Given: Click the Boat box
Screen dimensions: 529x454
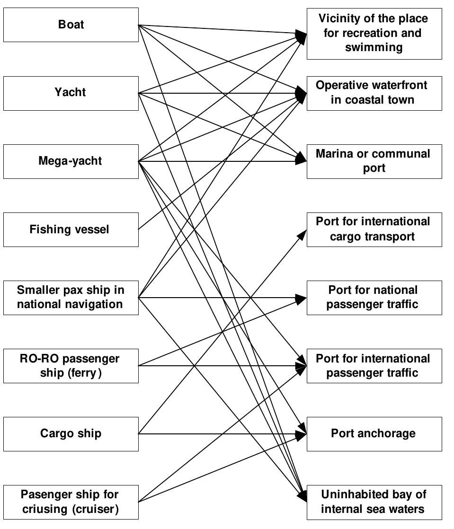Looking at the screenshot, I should click(x=71, y=25).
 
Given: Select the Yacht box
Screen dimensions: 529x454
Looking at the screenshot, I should click(x=71, y=93).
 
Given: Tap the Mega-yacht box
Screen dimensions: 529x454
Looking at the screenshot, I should click(x=71, y=161).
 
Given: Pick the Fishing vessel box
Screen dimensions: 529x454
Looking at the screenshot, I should click(x=71, y=229).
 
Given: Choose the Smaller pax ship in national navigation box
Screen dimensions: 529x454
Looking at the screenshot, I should click(x=71, y=297).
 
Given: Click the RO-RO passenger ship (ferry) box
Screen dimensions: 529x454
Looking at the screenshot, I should click(x=71, y=366).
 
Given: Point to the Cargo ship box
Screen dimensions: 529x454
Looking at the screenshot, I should click(x=71, y=434).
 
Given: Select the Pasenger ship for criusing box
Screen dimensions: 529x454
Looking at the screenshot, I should click(x=71, y=502).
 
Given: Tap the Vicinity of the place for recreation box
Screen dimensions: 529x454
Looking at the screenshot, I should click(x=374, y=33).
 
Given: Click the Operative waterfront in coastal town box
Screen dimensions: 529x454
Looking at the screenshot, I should click(x=374, y=93).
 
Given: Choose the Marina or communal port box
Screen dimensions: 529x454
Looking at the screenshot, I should click(x=374, y=161).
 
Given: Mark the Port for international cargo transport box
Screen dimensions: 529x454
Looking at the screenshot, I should click(x=374, y=229).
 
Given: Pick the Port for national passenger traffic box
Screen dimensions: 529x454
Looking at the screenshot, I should click(x=374, y=297).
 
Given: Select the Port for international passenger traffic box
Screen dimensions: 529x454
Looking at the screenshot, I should click(x=374, y=366).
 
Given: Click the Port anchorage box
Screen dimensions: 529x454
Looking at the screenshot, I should click(x=374, y=434).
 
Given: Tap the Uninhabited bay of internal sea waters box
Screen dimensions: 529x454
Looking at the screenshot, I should click(x=374, y=502).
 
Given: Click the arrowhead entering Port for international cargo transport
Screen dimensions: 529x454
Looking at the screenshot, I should click(x=303, y=233).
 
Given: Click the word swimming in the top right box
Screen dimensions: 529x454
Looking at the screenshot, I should click(x=374, y=47).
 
